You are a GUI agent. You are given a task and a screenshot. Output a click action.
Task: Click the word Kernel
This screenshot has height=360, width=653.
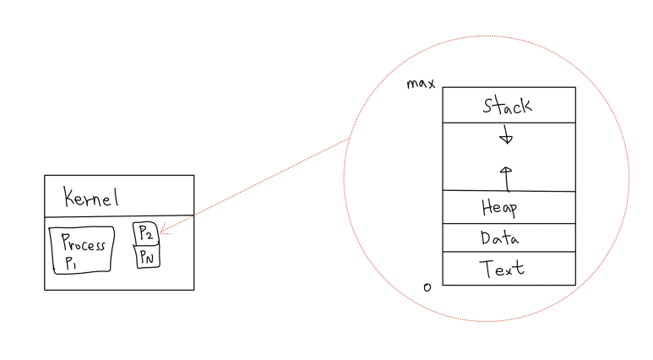click(x=91, y=198)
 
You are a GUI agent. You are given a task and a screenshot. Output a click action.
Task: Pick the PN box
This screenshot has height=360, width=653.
click(x=147, y=255)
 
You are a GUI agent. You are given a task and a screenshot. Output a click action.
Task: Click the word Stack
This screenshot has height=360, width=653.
click(x=507, y=106)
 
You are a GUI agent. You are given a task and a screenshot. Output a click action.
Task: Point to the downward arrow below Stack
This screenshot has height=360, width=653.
click(x=506, y=136)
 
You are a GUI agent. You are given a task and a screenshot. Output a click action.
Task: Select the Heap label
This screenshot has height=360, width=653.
click(x=499, y=207)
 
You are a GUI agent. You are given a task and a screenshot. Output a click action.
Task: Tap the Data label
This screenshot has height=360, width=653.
click(x=500, y=238)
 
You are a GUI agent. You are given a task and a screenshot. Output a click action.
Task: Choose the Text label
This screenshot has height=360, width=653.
click(x=502, y=269)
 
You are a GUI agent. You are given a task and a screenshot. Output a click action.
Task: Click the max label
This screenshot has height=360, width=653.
click(x=420, y=83)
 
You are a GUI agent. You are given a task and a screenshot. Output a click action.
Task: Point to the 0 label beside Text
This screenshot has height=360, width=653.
click(x=427, y=287)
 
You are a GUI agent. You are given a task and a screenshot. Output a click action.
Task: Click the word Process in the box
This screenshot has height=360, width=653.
click(x=83, y=244)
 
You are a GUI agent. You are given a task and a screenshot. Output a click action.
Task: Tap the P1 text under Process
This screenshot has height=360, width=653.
click(x=69, y=264)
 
